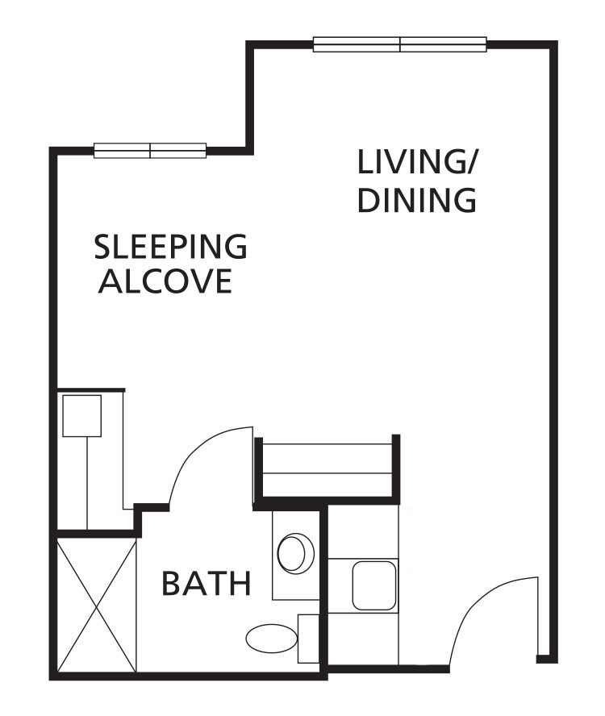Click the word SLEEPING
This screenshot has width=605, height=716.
pyautogui.click(x=170, y=247)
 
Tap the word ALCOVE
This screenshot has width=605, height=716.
pyautogui.click(x=165, y=281)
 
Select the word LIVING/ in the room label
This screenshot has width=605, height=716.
pyautogui.click(x=417, y=162)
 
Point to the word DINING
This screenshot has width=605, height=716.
pyautogui.click(x=416, y=200)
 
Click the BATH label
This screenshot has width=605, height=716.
pyautogui.click(x=207, y=583)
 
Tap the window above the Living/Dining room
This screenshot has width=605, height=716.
pyautogui.click(x=399, y=44)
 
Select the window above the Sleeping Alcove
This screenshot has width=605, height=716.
pyautogui.click(x=150, y=150)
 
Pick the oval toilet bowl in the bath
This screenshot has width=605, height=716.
pyautogui.click(x=270, y=639)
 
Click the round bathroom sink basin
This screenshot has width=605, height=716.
pyautogui.click(x=294, y=552)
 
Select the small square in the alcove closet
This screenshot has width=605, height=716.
pyautogui.click(x=81, y=415)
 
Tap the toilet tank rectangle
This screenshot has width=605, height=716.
pyautogui.click(x=308, y=639)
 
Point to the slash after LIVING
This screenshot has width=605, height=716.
pyautogui.click(x=469, y=163)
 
